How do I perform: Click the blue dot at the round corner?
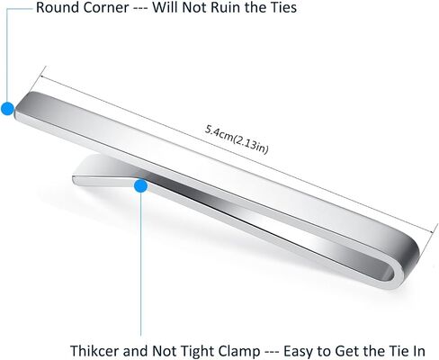pyautogui.click(x=7, y=108)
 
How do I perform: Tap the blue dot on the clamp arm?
pyautogui.click(x=140, y=186)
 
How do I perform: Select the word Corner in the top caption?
pyautogui.click(x=106, y=7)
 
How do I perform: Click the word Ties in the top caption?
pyautogui.click(x=282, y=7)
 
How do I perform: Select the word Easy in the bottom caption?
pyautogui.click(x=299, y=351)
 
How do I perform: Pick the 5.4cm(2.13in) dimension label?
pyautogui.click(x=237, y=139)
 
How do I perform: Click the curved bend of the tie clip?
pyautogui.click(x=408, y=264)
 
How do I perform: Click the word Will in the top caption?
pyautogui.click(x=165, y=7)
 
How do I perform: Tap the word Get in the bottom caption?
pyautogui.click(x=346, y=351)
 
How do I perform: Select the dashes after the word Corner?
pyautogui.click(x=140, y=8)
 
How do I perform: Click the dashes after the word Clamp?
pyautogui.click(x=272, y=351)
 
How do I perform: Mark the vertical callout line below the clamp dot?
pyautogui.click(x=140, y=265)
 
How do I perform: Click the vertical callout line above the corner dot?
pyautogui.click(x=6, y=55)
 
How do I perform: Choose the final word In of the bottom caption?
pyautogui.click(x=418, y=350)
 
